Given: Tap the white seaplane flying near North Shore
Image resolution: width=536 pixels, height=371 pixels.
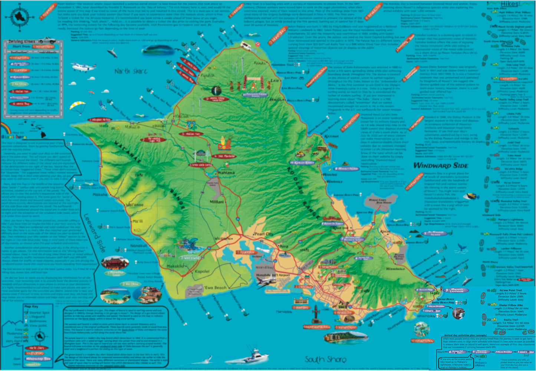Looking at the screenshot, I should pos(82,67).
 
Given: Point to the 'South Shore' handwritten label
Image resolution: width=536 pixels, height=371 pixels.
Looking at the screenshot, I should pos(325,359).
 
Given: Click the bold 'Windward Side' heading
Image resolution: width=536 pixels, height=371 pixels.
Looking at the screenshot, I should pos(441,165).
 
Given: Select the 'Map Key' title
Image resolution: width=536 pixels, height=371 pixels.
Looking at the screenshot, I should pos(31,307).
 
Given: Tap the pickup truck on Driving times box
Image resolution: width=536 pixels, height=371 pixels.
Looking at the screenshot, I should pos(47,40).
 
